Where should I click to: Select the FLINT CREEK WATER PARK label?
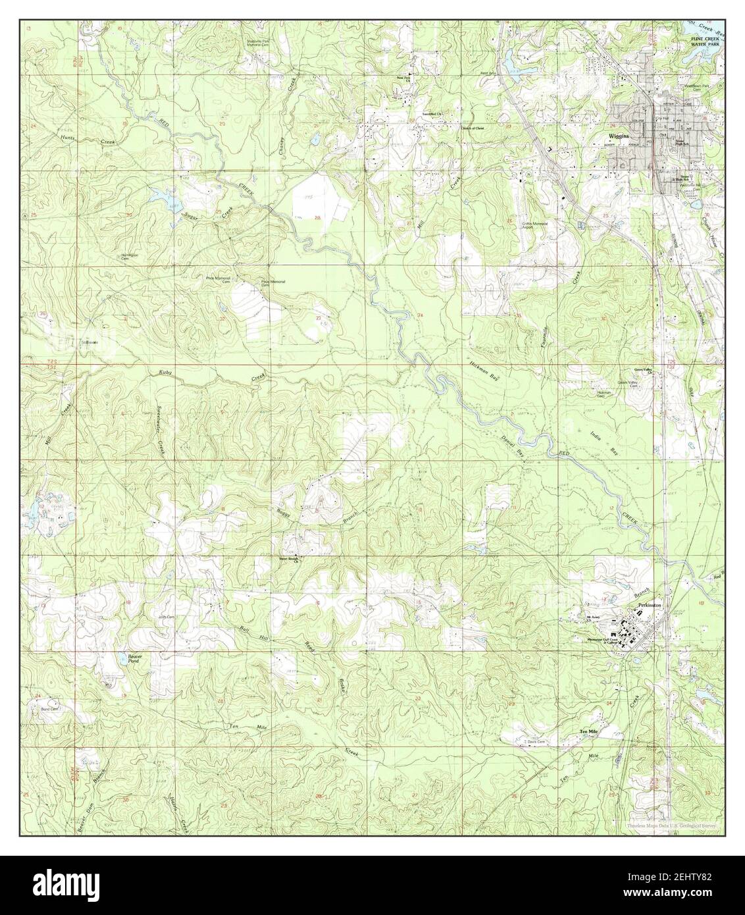(x=704, y=43)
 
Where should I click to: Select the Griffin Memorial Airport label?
(x=535, y=225)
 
